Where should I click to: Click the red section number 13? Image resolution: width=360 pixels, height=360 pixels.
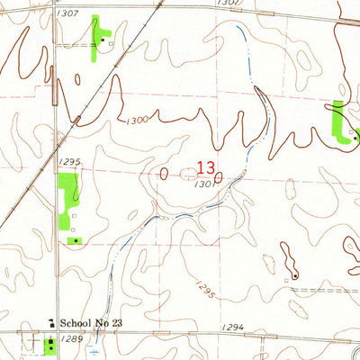[x=205, y=167]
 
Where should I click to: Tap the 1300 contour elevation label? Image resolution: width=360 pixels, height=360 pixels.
[x=138, y=119]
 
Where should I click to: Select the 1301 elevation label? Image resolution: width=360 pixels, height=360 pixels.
[x=202, y=184]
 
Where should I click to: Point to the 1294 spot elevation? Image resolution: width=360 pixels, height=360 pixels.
[x=232, y=326]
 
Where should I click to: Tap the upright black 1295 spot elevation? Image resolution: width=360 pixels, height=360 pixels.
[x=70, y=162]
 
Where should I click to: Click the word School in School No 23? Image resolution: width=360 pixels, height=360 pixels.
[x=79, y=321]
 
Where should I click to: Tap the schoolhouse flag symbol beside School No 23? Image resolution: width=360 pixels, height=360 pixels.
[x=51, y=320]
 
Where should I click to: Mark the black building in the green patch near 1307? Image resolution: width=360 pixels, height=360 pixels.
[x=104, y=40]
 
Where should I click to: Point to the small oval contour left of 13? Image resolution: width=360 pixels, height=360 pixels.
[x=165, y=174]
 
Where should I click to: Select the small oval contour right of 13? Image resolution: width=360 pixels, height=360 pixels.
[x=219, y=176]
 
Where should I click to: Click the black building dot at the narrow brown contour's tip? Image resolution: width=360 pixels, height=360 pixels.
[x=294, y=272]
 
